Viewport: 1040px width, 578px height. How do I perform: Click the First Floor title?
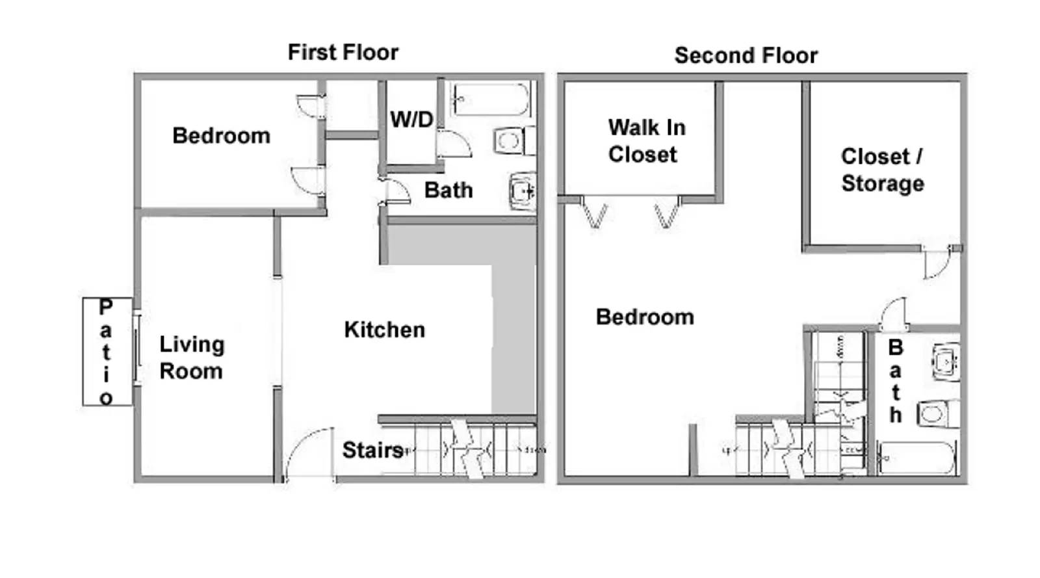tap(343, 52)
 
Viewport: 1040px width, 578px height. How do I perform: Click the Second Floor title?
tap(746, 55)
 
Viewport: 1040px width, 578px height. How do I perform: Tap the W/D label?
tap(411, 120)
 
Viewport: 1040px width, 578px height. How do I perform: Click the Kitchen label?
tap(384, 330)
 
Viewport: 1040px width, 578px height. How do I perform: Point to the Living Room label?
tap(192, 358)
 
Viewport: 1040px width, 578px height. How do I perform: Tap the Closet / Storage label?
tap(882, 170)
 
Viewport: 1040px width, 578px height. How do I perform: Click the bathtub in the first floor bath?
tap(491, 99)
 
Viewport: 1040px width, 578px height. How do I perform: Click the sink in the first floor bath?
tap(522, 191)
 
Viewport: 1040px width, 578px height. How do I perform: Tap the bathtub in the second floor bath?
tap(916, 458)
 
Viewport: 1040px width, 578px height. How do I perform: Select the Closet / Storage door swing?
tap(936, 265)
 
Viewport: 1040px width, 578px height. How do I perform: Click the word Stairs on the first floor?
tap(372, 450)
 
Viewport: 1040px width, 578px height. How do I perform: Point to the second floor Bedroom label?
tap(645, 317)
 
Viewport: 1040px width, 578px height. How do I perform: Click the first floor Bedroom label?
tap(221, 136)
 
